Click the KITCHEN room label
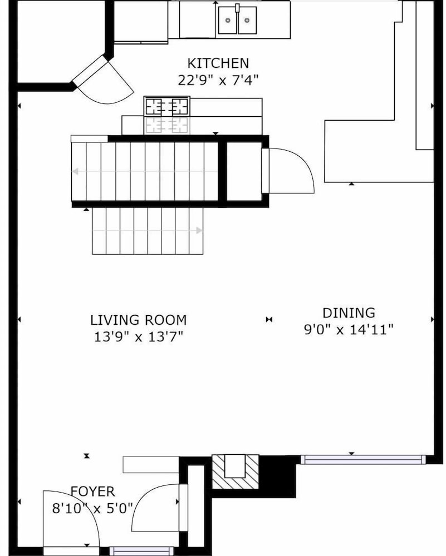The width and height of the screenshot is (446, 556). (x=218, y=63)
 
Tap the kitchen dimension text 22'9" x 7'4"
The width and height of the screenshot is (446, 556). (x=218, y=80)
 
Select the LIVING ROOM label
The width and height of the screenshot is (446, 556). (x=139, y=320)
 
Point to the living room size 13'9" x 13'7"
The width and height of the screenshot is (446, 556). (x=139, y=336)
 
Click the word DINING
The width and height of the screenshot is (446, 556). (x=349, y=312)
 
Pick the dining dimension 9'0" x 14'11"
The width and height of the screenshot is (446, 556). (x=349, y=329)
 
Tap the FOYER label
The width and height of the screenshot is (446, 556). (x=92, y=492)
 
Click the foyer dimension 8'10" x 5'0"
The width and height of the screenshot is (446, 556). (x=92, y=508)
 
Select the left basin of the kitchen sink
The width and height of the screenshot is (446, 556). (x=228, y=20)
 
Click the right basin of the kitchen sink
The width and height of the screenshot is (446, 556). (x=247, y=20)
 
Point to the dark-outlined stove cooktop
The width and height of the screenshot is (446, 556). (x=167, y=106)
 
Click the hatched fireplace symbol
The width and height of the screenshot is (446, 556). (x=236, y=471)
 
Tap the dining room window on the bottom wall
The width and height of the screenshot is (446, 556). (x=363, y=460)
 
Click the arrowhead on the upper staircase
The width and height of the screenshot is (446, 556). (x=75, y=172)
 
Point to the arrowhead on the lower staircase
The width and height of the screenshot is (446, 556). (x=199, y=231)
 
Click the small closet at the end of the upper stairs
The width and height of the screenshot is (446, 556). (x=244, y=172)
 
